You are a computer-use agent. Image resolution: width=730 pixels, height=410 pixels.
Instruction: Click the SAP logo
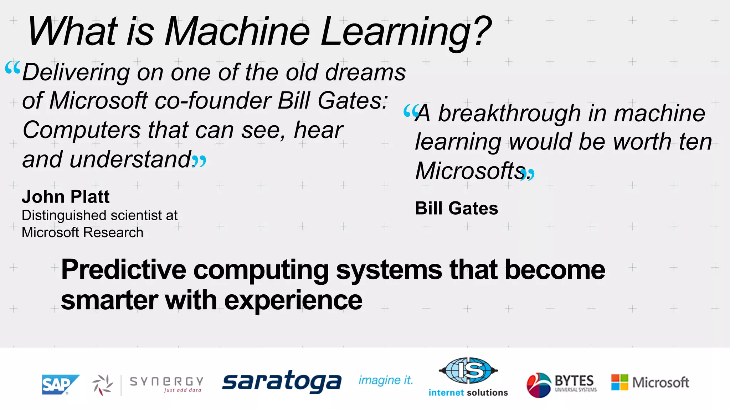click(x=60, y=384)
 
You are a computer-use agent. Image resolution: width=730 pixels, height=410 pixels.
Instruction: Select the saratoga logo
click(x=282, y=382)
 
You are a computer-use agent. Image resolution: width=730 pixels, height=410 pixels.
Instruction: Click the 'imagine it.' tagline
click(x=386, y=380)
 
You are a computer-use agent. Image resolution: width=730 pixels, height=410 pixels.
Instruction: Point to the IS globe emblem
click(x=468, y=370)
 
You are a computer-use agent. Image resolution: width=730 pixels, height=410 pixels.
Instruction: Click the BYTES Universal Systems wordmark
click(x=575, y=383)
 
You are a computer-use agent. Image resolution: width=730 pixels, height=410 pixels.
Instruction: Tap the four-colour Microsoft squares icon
click(x=620, y=382)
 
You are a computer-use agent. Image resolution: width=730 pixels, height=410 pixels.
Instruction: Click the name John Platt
click(x=66, y=196)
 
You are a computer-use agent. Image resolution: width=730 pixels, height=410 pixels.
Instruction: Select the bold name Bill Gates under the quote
click(x=456, y=208)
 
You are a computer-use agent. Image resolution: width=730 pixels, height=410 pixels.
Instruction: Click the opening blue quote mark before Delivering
click(x=13, y=67)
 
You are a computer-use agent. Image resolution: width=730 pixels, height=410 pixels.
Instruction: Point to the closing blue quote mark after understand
click(x=200, y=161)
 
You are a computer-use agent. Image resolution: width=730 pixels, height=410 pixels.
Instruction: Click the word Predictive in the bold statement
click(x=124, y=269)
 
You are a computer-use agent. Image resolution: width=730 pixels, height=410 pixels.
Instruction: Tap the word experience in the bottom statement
click(x=293, y=300)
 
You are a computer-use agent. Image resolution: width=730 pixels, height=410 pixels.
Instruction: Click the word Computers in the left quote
click(x=82, y=130)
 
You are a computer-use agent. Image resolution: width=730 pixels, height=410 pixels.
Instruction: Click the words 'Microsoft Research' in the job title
click(x=82, y=232)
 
